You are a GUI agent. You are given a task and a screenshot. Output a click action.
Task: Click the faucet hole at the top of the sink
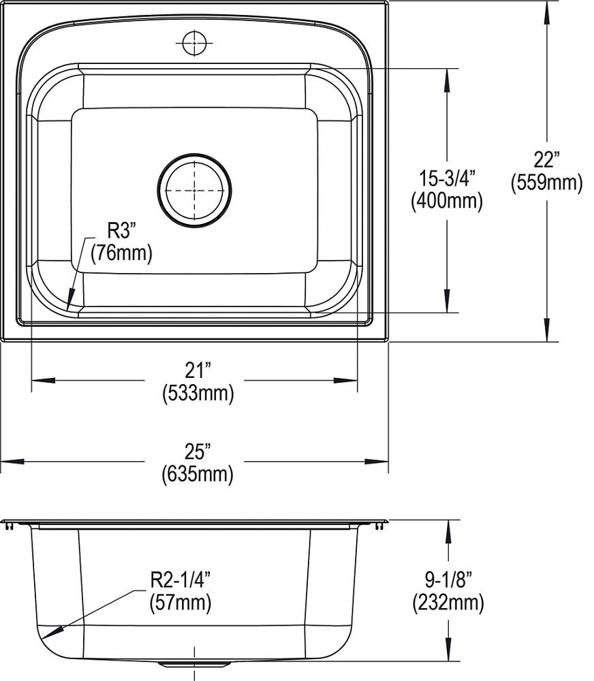[194, 42]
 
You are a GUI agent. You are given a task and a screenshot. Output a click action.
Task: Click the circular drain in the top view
[194, 189]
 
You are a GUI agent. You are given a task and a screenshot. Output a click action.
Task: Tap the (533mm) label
[198, 394]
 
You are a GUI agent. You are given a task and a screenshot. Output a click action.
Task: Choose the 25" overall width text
[197, 450]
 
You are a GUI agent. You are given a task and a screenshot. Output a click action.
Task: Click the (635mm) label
[198, 473]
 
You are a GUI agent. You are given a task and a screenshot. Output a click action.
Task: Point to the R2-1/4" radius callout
[180, 580]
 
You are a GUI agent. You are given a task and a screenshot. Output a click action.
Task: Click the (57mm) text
[180, 602]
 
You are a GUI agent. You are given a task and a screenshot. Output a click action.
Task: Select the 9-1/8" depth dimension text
[448, 580]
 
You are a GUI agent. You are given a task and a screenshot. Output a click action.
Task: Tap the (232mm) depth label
[448, 602]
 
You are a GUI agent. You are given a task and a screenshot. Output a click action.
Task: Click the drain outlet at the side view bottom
[194, 663]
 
